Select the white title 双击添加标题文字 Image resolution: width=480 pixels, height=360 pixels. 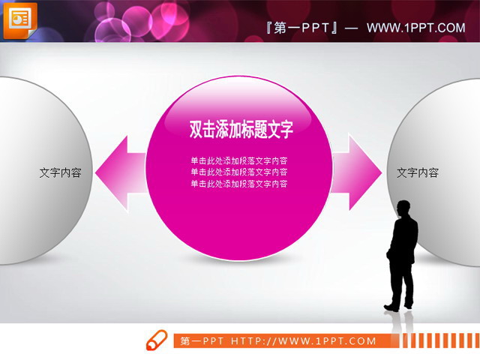click(240, 130)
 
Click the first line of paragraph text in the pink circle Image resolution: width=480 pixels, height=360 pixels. click(239, 160)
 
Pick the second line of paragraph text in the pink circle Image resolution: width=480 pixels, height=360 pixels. click(239, 172)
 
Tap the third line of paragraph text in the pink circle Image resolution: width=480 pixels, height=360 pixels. click(239, 184)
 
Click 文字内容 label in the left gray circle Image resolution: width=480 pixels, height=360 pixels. click(60, 172)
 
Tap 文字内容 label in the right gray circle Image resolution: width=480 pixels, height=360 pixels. click(417, 172)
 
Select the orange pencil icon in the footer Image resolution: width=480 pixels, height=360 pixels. click(157, 340)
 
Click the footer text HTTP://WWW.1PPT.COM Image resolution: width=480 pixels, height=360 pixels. click(304, 341)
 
